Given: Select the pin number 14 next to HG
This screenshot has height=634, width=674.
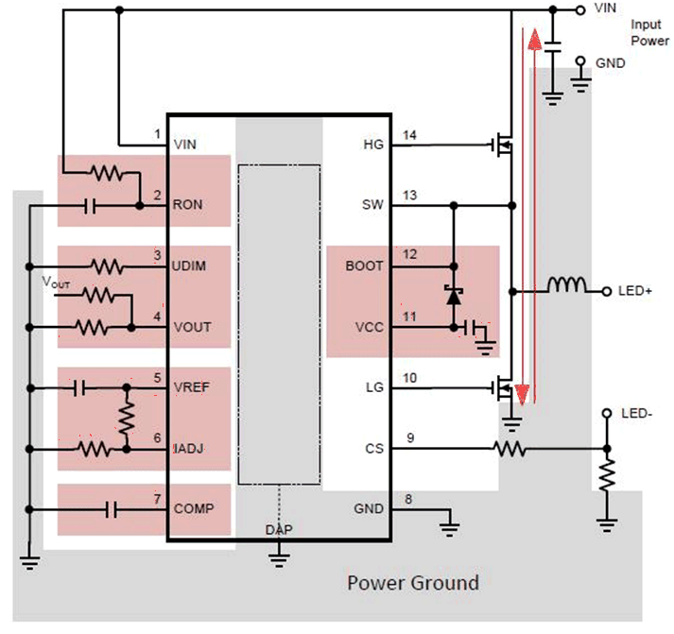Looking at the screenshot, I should click(407, 134).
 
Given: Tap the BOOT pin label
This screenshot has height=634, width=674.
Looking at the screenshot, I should click(366, 266).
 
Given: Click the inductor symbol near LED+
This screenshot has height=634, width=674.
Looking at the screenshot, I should click(568, 285).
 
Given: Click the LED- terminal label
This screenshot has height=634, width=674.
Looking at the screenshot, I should click(637, 415).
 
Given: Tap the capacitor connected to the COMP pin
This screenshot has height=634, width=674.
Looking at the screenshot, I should click(111, 509).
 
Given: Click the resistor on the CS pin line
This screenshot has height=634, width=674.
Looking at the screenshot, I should click(510, 451).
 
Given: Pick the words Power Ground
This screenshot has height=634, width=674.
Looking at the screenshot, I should click(413, 582).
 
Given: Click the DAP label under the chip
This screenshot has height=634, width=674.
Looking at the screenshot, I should click(279, 530).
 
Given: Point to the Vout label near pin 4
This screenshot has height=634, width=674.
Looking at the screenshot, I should click(57, 282).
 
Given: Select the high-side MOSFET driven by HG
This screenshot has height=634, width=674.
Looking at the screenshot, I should click(503, 145).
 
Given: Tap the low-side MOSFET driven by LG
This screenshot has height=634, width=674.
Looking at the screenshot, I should click(504, 388).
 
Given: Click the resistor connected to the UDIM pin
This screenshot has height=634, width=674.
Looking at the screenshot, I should click(106, 266).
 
